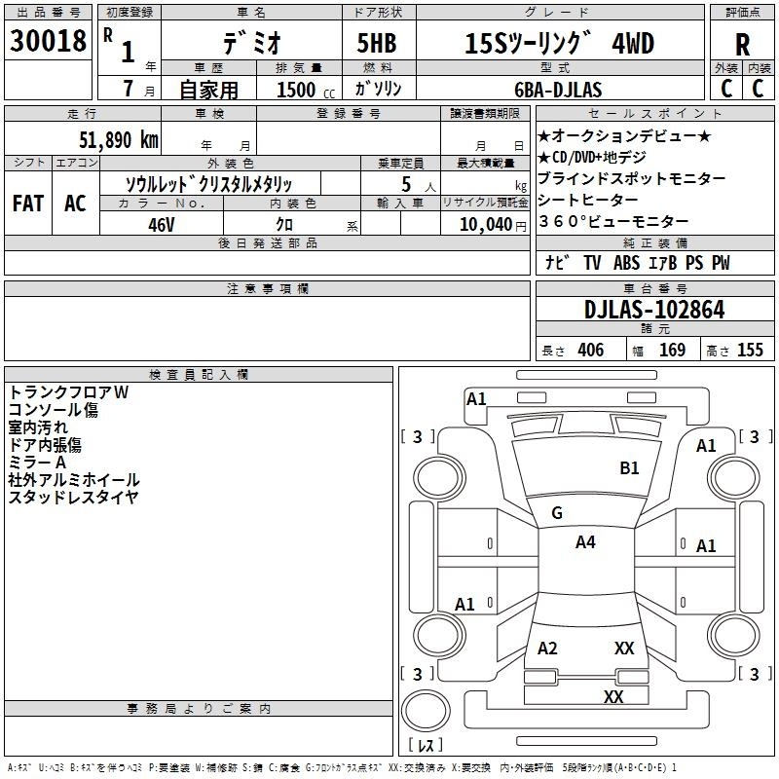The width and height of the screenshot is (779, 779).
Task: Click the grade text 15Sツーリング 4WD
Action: [x=559, y=44]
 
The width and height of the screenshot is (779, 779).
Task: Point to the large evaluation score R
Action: [x=742, y=45]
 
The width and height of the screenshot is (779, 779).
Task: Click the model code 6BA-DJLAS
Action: [x=559, y=90]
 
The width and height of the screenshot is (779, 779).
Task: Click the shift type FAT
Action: [x=27, y=204]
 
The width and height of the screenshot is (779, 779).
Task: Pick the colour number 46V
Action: [x=161, y=224]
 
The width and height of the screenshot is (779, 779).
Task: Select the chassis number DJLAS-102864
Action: [x=654, y=310]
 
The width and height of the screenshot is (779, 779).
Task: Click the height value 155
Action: [x=750, y=351]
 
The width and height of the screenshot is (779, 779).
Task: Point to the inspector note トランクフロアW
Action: [x=68, y=392]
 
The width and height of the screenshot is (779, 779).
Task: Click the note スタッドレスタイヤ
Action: [x=73, y=498]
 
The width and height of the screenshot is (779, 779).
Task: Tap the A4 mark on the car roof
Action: [x=585, y=542]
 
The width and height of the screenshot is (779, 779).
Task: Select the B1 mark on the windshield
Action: [x=630, y=468]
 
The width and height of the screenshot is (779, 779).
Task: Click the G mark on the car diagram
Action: [x=557, y=513]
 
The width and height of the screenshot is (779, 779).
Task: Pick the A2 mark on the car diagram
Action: [x=548, y=649]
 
